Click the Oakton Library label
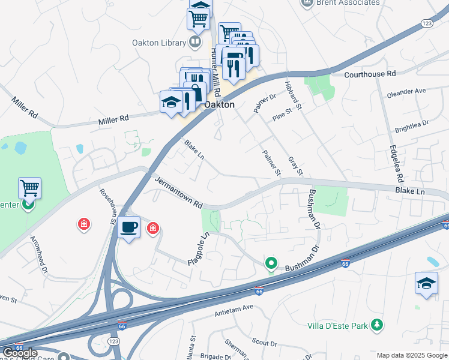159,42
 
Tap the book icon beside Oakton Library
194,42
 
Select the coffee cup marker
129,227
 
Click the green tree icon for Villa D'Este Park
376,325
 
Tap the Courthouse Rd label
370,74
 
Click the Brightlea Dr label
411,126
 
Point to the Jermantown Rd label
178,193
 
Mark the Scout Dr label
264,344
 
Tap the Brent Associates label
349,3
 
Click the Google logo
20,353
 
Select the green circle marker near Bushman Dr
271,263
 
